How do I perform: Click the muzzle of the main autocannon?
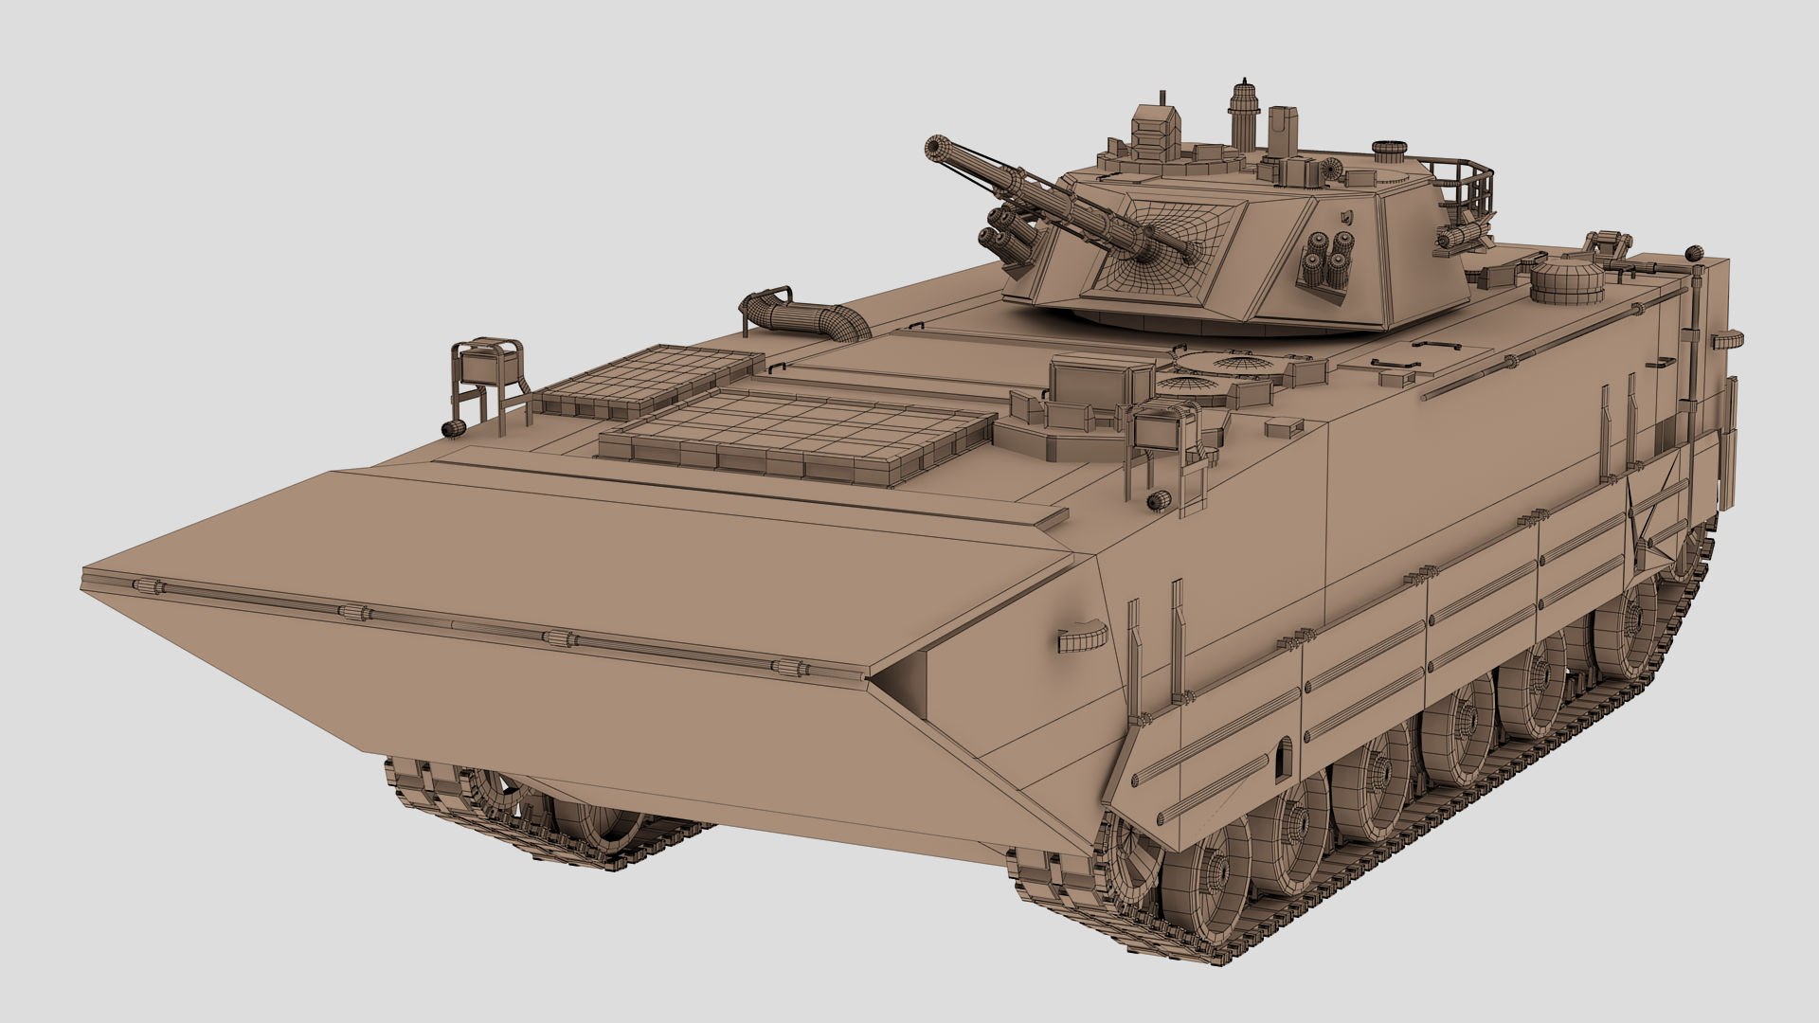(x=938, y=150)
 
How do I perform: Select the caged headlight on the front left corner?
(x=488, y=364)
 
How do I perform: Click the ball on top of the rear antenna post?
(x=1693, y=254)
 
